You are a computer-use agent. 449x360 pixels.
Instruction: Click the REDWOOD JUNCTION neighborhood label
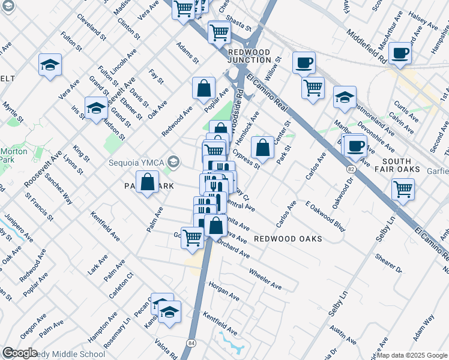click(249, 56)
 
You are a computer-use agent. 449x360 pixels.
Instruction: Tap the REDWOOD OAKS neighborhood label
click(288, 239)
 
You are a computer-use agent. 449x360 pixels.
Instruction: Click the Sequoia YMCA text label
click(137, 161)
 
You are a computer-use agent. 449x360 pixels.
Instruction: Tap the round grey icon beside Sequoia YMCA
click(174, 161)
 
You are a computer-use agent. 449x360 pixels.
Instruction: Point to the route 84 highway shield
click(191, 343)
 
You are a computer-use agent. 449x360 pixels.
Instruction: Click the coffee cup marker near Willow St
click(304, 62)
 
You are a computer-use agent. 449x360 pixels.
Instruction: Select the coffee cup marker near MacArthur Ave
click(400, 52)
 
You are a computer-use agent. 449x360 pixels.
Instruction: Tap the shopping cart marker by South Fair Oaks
click(403, 189)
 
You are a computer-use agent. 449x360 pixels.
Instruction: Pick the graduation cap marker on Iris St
click(95, 108)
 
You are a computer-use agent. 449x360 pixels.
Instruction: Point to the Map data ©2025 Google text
click(412, 355)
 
